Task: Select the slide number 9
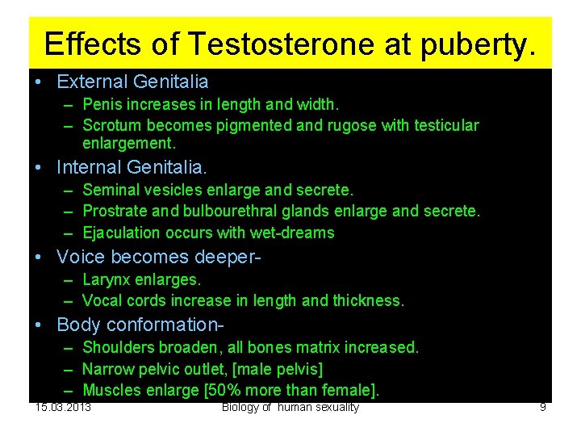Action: pyautogui.click(x=543, y=407)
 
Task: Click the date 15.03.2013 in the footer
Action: pyautogui.click(x=63, y=406)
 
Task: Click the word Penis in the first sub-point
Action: pyautogui.click(x=102, y=104)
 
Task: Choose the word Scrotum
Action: pyautogui.click(x=110, y=125)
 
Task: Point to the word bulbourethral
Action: pyautogui.click(x=215, y=211)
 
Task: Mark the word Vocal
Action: pyautogui.click(x=102, y=300)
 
